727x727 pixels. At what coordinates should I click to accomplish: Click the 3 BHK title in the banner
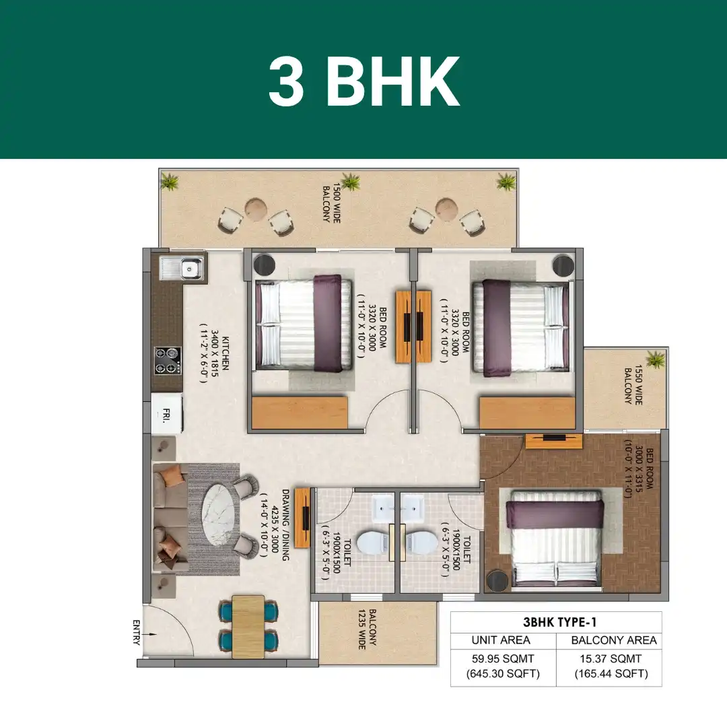click(x=364, y=82)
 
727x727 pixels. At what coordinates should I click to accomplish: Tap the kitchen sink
click(x=181, y=269)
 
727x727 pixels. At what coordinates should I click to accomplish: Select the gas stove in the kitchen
click(x=168, y=361)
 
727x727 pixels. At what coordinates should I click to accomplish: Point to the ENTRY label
click(x=136, y=632)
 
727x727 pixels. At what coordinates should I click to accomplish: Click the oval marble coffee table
click(x=219, y=515)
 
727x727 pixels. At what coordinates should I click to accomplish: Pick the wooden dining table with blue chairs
click(x=248, y=627)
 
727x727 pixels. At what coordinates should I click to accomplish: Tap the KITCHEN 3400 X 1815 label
click(x=214, y=353)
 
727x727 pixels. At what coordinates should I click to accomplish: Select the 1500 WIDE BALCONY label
click(x=331, y=204)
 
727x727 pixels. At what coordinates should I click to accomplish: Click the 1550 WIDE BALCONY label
click(x=633, y=384)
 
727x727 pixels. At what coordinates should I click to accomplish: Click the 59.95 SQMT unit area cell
click(x=503, y=666)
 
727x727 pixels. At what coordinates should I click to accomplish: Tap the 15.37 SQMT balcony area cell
click(x=611, y=666)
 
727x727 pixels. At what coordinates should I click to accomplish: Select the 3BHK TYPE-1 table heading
click(x=559, y=622)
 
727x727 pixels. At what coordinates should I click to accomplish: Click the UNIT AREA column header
click(x=501, y=640)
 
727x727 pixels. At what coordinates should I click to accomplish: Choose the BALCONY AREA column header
click(x=614, y=640)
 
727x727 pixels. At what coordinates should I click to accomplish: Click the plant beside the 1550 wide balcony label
click(x=656, y=359)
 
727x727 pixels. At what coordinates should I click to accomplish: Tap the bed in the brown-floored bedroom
click(x=555, y=541)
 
